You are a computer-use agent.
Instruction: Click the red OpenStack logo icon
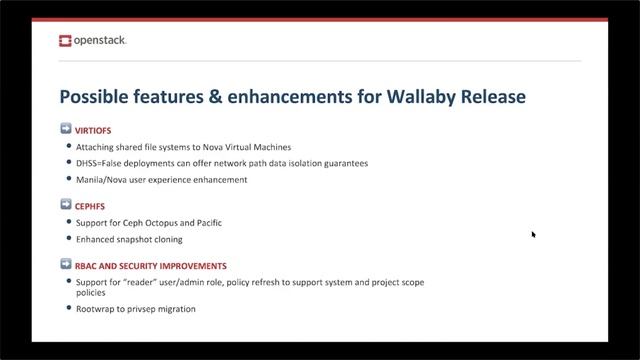click(x=66, y=41)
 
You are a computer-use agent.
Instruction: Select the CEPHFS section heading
click(x=91, y=204)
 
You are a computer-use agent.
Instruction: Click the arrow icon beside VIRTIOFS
click(x=66, y=130)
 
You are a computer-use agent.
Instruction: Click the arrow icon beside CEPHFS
click(x=66, y=204)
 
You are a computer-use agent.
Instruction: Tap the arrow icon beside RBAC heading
click(x=66, y=265)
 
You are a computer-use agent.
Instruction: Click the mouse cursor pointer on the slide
click(x=534, y=234)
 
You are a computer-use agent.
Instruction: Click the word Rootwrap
click(x=96, y=309)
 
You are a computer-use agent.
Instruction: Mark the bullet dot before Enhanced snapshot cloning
click(x=68, y=239)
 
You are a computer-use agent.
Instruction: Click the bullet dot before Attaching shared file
click(x=68, y=147)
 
